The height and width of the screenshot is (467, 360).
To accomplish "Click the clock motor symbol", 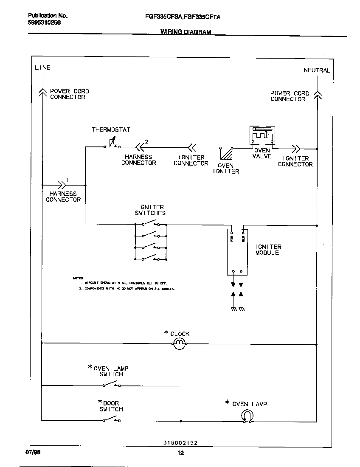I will (x=179, y=343).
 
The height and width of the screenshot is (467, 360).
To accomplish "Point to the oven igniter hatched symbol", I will (x=229, y=153).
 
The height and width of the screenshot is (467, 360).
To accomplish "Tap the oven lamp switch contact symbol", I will (x=111, y=385).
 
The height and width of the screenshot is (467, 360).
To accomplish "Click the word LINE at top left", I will (x=42, y=68).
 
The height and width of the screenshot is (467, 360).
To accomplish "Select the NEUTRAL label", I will (x=317, y=70).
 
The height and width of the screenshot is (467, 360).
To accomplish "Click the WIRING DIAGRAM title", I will (x=186, y=32).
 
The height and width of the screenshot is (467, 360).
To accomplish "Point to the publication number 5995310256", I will (x=45, y=23).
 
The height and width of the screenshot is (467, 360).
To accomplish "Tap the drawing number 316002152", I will (x=180, y=443).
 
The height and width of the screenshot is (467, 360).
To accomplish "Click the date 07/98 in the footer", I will (x=34, y=453).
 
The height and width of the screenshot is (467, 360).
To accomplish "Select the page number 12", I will (x=180, y=453).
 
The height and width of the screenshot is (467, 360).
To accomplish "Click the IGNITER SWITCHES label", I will (x=150, y=210).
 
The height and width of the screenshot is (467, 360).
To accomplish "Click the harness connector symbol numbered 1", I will (x=62, y=185).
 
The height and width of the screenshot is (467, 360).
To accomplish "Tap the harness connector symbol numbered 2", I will (x=139, y=147).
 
